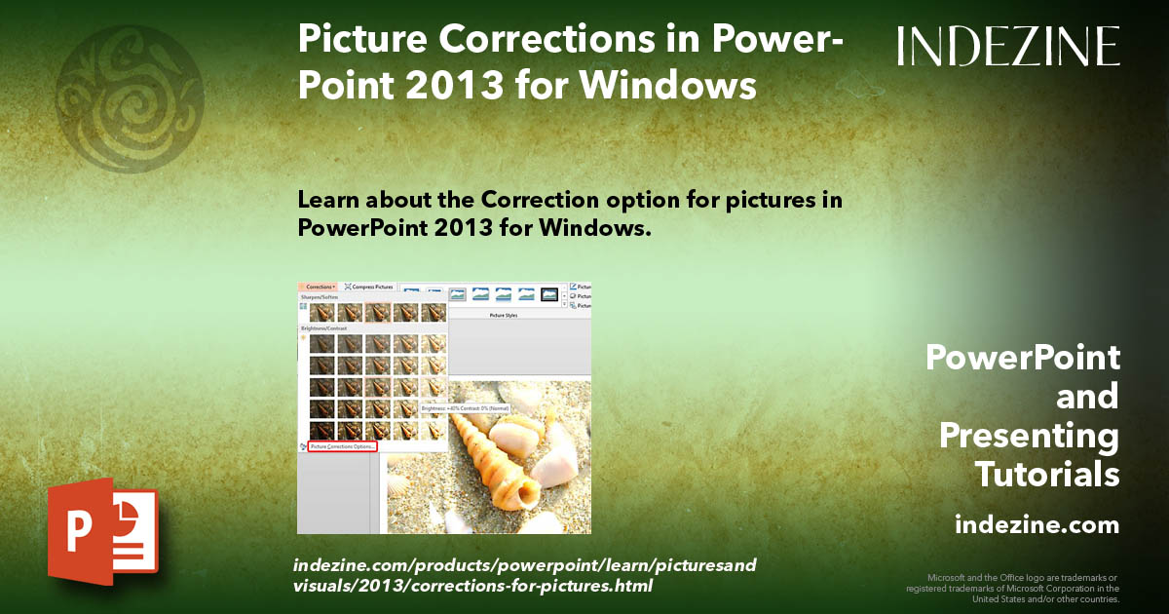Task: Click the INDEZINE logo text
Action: click(x=1008, y=46)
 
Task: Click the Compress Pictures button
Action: click(x=368, y=288)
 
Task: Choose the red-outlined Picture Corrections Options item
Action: click(x=341, y=446)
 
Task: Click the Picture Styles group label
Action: click(x=503, y=316)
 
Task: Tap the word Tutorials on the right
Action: click(x=1047, y=475)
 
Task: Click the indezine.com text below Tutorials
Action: click(x=1037, y=525)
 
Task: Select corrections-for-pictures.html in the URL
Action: click(x=531, y=586)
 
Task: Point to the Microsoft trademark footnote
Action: click(x=1013, y=588)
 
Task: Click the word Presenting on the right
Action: click(x=1030, y=436)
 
